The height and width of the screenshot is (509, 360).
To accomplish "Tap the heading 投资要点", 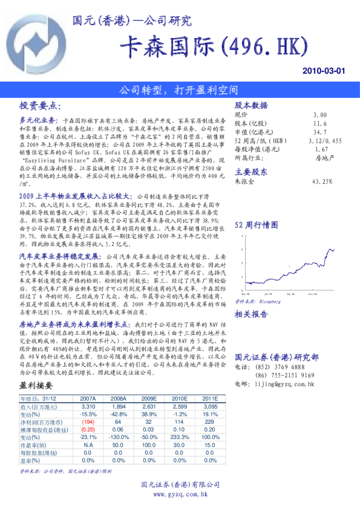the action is pos(41,105).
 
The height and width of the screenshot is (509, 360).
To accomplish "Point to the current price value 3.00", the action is pos(320,114).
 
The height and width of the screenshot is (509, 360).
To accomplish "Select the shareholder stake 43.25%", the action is pos(322,181).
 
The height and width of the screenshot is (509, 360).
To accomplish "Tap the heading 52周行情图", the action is pos(256,224).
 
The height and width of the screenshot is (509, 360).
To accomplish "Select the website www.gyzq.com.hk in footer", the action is pos(180,494).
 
